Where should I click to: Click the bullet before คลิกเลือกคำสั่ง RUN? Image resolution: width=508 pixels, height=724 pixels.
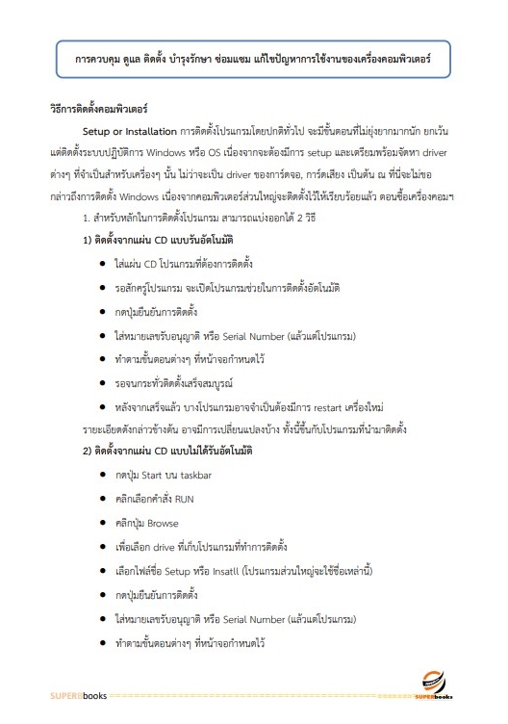tap(102, 499)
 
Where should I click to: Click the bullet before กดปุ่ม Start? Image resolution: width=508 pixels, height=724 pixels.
tap(102, 475)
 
